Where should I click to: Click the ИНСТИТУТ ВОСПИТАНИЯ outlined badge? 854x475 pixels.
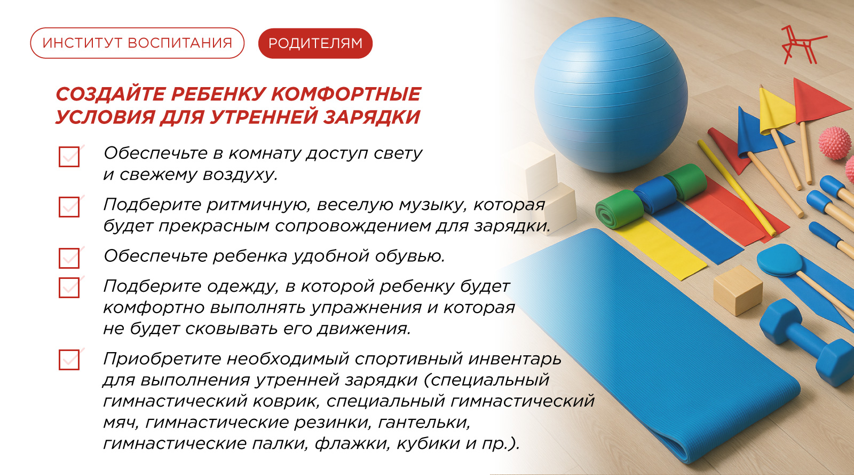pyautogui.click(x=137, y=43)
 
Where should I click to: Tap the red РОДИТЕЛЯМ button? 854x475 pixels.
pyautogui.click(x=315, y=43)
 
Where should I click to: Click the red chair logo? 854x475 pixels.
pyautogui.click(x=802, y=45)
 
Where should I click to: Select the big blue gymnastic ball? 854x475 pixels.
pyautogui.click(x=611, y=95)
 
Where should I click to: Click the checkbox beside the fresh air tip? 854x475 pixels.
pyautogui.click(x=69, y=157)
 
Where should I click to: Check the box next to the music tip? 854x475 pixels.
pyautogui.click(x=69, y=207)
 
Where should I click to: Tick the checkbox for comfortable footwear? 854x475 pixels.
pyautogui.click(x=69, y=258)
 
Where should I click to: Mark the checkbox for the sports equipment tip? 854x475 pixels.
pyautogui.click(x=69, y=360)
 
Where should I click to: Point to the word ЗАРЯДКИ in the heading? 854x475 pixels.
pyautogui.click(x=371, y=117)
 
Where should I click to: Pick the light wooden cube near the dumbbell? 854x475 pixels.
pyautogui.click(x=737, y=291)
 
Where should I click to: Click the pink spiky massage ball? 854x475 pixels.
pyautogui.click(x=835, y=143)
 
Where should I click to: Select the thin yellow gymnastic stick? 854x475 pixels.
pyautogui.click(x=736, y=188)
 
